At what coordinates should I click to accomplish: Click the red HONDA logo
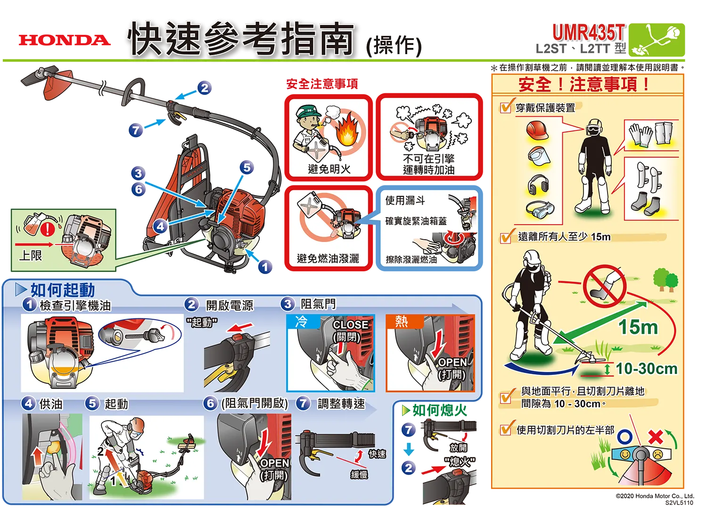point(65,40)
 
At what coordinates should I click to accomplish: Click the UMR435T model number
point(589,32)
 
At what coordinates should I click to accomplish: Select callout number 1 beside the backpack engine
point(265,267)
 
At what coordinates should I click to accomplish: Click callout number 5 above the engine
point(247,168)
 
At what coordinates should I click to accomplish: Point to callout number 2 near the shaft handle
point(205,88)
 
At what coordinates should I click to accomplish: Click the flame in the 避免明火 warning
point(347,132)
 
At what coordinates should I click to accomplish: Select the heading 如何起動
point(63,290)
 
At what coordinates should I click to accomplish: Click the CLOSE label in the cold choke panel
point(350,325)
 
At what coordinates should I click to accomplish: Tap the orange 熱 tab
point(402,322)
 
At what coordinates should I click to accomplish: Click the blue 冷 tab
point(302,322)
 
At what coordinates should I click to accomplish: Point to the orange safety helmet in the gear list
point(537,130)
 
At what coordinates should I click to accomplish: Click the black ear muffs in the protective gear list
point(538,185)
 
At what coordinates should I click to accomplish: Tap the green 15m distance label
point(638,327)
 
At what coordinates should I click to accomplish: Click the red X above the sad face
point(656,437)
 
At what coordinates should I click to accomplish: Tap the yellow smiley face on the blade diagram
point(625,454)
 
